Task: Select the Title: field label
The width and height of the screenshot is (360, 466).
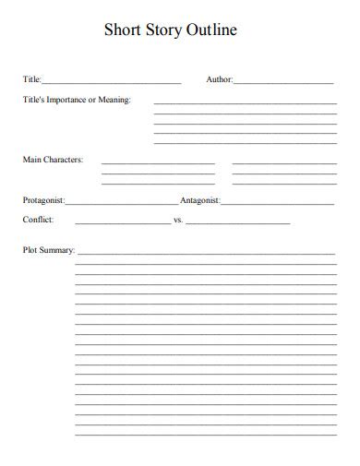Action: tap(32, 80)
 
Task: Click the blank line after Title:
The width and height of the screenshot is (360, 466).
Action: tap(112, 83)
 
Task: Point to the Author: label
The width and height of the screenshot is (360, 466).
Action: tap(220, 80)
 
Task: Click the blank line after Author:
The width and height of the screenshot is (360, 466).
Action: tap(283, 83)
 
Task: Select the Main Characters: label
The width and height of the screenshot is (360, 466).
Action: tap(53, 160)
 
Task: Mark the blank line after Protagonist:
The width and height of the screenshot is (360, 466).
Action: tap(121, 202)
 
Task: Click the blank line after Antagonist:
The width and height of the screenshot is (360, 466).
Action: tap(277, 202)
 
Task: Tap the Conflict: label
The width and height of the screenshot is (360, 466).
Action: tap(38, 220)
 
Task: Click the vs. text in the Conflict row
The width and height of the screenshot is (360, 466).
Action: tap(178, 221)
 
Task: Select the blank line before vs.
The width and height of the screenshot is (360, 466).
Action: tap(122, 223)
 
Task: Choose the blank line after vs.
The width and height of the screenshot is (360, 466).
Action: tap(237, 223)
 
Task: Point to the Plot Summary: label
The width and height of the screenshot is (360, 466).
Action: tap(48, 250)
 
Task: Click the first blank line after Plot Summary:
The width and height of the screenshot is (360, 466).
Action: tap(205, 253)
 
